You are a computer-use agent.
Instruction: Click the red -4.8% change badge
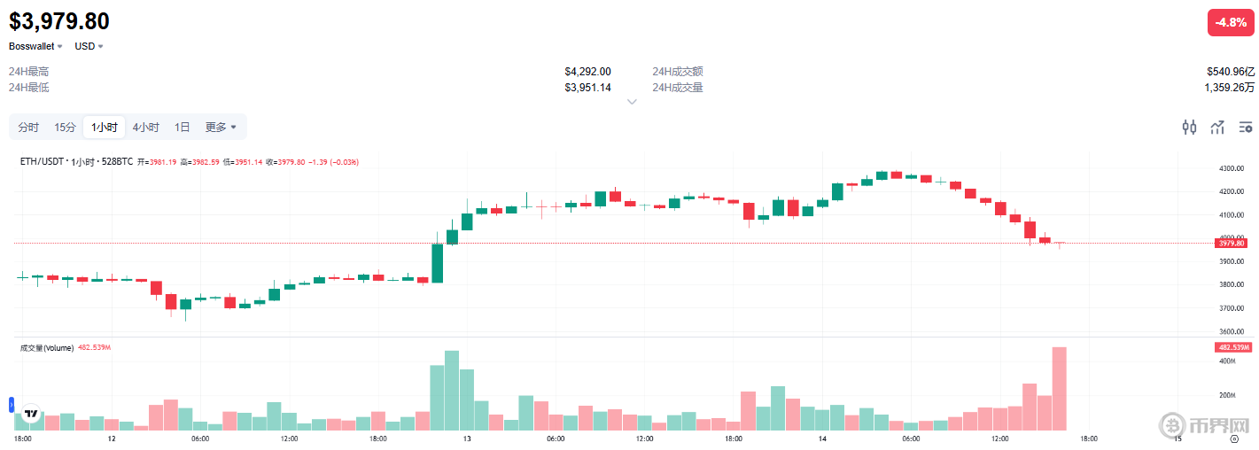click(x=1231, y=22)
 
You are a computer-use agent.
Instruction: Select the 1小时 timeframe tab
click(x=104, y=127)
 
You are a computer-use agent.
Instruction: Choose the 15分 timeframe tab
click(x=65, y=127)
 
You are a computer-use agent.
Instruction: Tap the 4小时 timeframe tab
click(x=145, y=127)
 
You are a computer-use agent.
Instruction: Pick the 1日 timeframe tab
click(x=182, y=127)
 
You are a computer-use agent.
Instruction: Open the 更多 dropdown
click(x=221, y=127)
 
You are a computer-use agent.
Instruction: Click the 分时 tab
click(x=28, y=127)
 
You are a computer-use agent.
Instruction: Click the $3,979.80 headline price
click(x=59, y=21)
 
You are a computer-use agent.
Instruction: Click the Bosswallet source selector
click(x=35, y=46)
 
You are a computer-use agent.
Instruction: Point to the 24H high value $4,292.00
click(x=587, y=71)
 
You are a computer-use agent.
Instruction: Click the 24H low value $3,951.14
click(x=587, y=87)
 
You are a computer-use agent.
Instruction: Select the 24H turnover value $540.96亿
click(x=1230, y=71)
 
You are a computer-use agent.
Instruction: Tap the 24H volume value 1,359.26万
click(x=1229, y=87)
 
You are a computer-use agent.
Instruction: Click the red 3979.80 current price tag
click(x=1232, y=243)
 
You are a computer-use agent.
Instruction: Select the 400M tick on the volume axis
click(x=1226, y=361)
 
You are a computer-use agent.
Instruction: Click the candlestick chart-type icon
click(x=1189, y=127)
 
